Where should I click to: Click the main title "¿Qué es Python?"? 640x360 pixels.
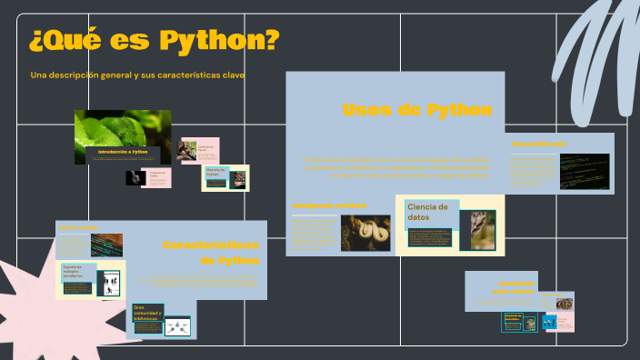(154, 42)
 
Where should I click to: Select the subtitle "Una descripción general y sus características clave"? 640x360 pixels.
(137, 75)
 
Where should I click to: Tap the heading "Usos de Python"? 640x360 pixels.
(417, 110)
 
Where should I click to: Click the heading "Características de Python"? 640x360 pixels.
(211, 253)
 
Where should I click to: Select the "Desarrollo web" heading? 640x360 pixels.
(538, 144)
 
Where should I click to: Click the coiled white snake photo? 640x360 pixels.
(365, 233)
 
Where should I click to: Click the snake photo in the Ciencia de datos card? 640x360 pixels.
(483, 229)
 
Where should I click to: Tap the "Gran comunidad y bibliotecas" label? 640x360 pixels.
(147, 313)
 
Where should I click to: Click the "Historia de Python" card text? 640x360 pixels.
(215, 172)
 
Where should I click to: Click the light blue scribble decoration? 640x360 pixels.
(596, 55)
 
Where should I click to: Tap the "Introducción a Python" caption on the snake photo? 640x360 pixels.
(123, 151)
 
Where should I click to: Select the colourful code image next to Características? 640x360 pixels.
(104, 243)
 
